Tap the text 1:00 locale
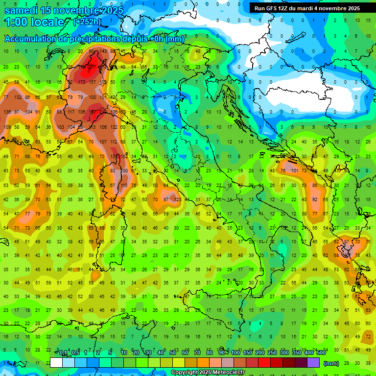click(x=34, y=22)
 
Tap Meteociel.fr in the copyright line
click(x=231, y=373)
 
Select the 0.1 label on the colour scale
click(x=63, y=353)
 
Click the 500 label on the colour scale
click(x=321, y=353)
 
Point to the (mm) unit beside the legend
click(x=331, y=363)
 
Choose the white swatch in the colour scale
click(x=56, y=363)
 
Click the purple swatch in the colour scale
click(x=314, y=363)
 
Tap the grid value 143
click(x=103, y=51)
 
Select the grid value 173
click(x=81, y=82)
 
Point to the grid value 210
click(x=103, y=112)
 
